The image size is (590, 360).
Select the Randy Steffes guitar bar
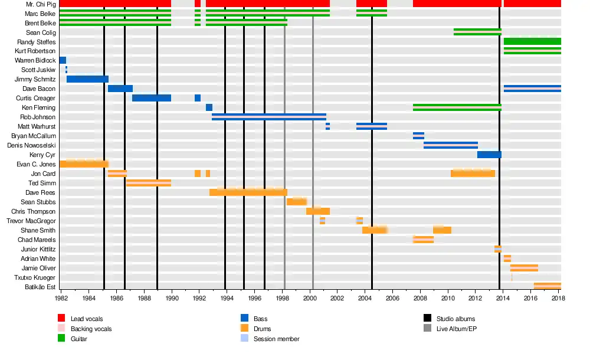(532, 41)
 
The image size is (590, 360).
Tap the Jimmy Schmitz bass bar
(87, 79)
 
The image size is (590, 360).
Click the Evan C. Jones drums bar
(84, 164)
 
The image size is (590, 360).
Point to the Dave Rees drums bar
(248, 192)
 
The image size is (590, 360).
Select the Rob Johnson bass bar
(268, 117)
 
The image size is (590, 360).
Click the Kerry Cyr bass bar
(489, 155)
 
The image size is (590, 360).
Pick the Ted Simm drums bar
(148, 183)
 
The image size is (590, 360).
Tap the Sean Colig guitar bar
(477, 32)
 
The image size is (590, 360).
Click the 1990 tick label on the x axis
(172, 299)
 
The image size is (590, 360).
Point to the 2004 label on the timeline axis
(365, 299)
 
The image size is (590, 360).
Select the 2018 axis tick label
(559, 299)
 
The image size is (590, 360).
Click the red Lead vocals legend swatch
(61, 319)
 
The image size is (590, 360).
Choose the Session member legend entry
(276, 339)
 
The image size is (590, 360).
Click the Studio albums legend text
(456, 319)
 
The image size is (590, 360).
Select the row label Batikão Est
(40, 287)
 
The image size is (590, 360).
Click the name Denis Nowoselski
(31, 145)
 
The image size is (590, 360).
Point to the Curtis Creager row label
(35, 98)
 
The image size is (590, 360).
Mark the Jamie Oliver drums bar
(524, 268)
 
